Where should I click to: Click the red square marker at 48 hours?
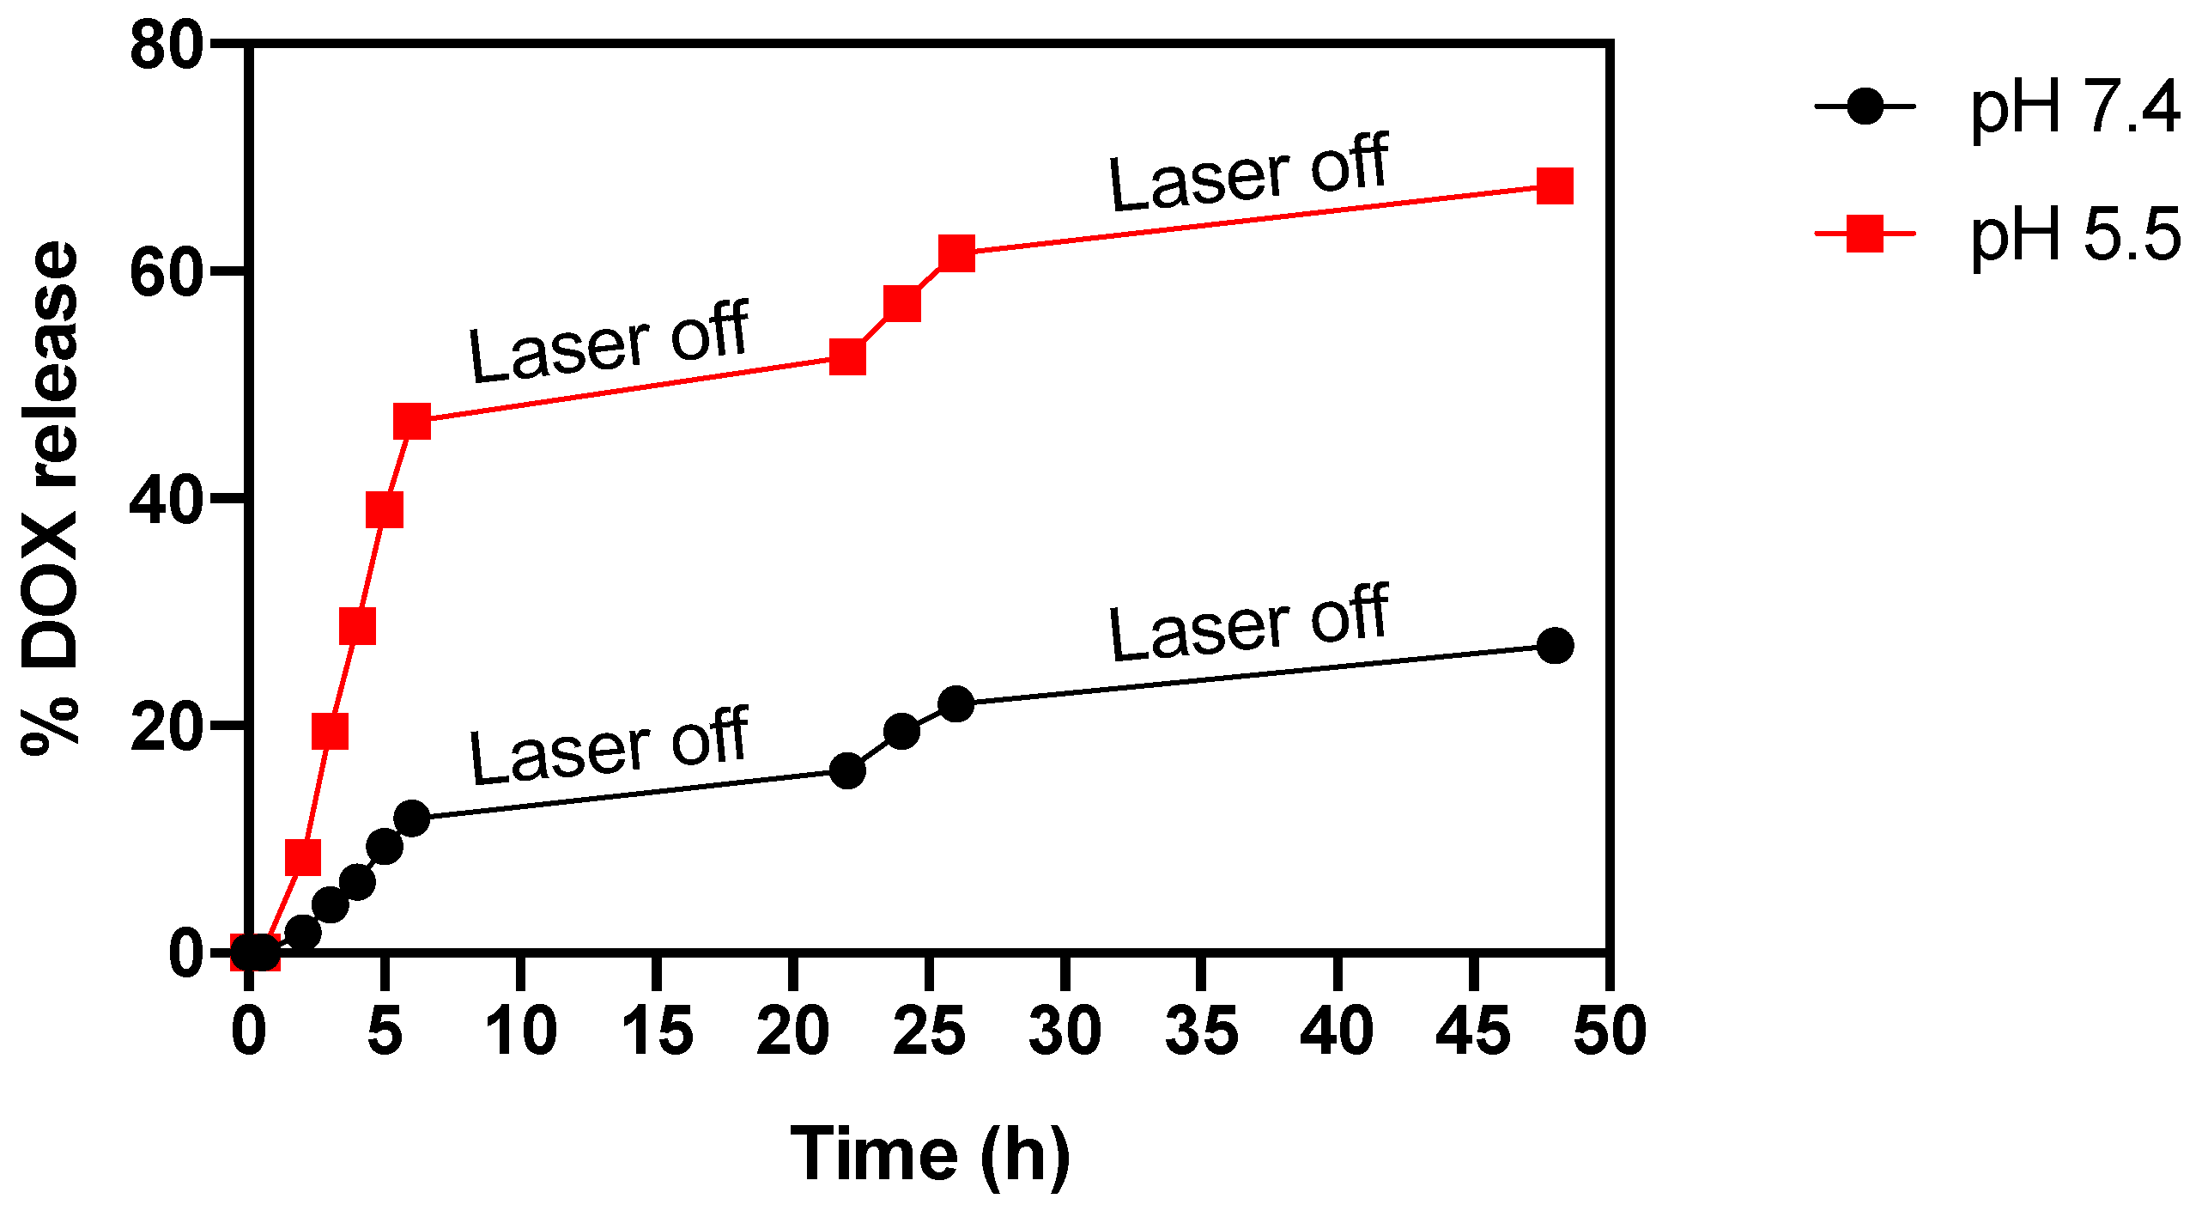[1555, 186]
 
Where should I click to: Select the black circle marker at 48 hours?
[1555, 645]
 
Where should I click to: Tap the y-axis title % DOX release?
[50, 498]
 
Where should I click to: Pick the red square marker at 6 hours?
[412, 422]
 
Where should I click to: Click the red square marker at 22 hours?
[847, 357]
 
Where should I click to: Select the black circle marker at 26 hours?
[955, 704]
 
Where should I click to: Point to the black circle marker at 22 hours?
[847, 770]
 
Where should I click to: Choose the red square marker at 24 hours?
[901, 303]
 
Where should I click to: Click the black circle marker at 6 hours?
[412, 818]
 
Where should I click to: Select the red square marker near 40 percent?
[384, 510]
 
